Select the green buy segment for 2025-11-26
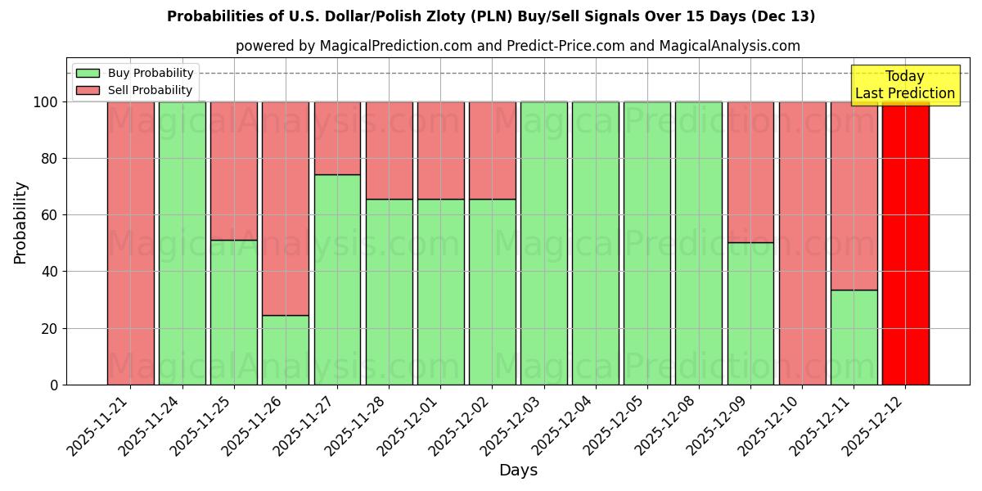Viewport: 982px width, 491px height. pyautogui.click(x=286, y=349)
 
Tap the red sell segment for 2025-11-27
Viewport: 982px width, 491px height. pyautogui.click(x=337, y=137)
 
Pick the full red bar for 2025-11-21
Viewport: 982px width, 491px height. pyautogui.click(x=130, y=243)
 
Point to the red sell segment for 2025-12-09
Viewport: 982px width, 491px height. pyautogui.click(x=750, y=172)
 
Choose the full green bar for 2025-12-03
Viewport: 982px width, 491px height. pyautogui.click(x=543, y=243)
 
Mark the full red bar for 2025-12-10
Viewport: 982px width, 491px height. pyautogui.click(x=802, y=243)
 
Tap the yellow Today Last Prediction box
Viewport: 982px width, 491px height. pyautogui.click(x=904, y=85)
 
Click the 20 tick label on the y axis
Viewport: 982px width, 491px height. pyautogui.click(x=51, y=329)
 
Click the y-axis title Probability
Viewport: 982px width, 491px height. pyautogui.click(x=20, y=223)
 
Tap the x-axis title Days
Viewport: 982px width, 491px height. pyautogui.click(x=518, y=471)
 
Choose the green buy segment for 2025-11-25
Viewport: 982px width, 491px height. pyautogui.click(x=234, y=312)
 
